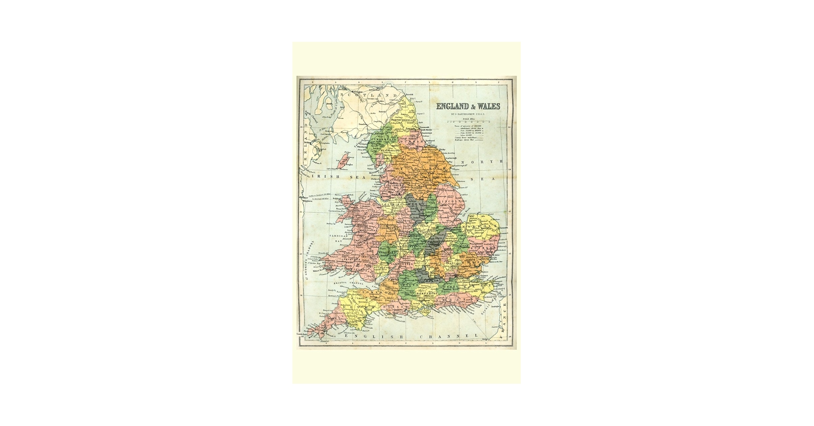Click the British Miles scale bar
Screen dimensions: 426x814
point(468,122)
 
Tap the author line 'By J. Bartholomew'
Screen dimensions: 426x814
point(468,114)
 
